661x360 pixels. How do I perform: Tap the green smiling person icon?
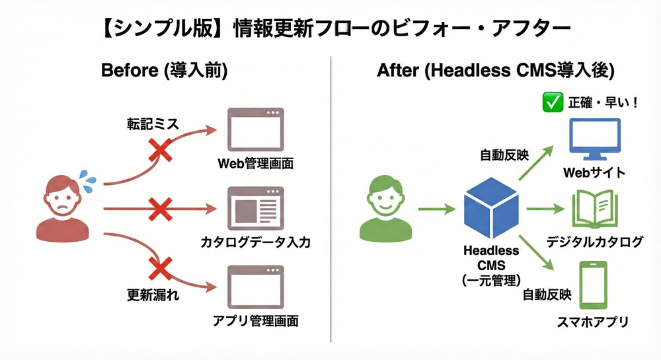point(386,207)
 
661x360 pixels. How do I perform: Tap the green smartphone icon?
point(594,285)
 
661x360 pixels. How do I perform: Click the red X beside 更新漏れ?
point(160,268)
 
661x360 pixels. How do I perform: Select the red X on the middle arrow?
point(160,211)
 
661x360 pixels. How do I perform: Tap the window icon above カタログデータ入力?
point(255,207)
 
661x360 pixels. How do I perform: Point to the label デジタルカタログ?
point(594,242)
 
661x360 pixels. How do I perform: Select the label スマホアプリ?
point(593,322)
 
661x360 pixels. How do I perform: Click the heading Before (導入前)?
point(164,71)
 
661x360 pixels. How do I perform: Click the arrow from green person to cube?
point(437,209)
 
